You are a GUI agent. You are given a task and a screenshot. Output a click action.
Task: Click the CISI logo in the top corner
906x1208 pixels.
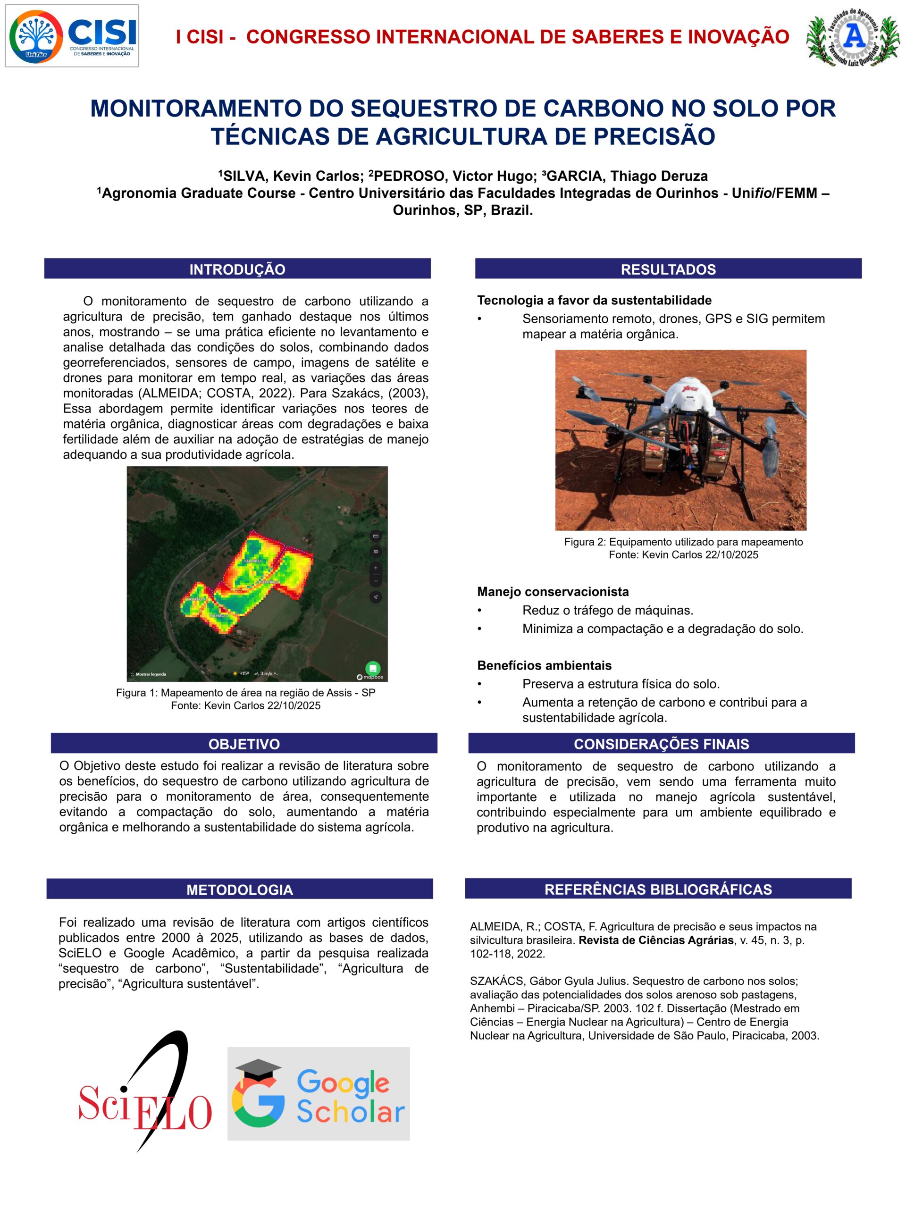[72, 36]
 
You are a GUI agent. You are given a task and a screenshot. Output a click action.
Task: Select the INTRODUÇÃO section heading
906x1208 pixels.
[237, 269]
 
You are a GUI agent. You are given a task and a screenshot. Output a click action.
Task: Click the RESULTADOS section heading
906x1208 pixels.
[668, 269]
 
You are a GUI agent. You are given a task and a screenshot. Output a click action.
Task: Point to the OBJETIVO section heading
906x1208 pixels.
[243, 744]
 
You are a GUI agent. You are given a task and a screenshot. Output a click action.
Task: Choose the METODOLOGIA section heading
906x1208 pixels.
[239, 889]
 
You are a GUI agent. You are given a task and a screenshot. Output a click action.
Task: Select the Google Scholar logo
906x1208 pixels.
[319, 1099]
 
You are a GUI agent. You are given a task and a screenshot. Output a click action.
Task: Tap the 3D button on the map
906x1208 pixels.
[376, 552]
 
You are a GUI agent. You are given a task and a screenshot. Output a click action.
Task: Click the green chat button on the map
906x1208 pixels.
[372, 667]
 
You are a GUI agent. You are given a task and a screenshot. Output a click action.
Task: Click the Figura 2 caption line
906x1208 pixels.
[683, 542]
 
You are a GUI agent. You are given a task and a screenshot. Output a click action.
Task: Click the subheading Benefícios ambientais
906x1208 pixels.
[544, 666]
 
